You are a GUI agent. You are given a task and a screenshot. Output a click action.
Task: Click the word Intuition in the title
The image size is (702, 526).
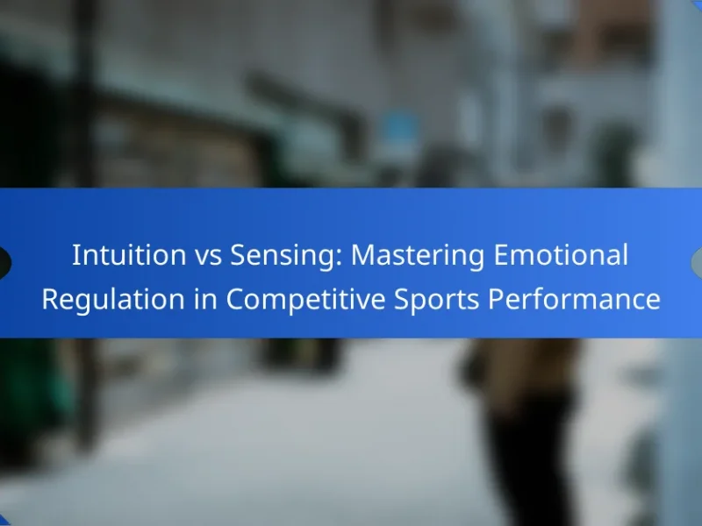(129, 255)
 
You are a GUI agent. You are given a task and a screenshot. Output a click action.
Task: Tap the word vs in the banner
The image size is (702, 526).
(208, 258)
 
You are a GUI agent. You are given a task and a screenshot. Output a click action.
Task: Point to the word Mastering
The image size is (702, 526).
(418, 257)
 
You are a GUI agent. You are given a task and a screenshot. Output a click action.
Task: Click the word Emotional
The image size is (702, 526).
(561, 255)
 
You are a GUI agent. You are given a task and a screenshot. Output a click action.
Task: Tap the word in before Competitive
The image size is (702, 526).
(206, 299)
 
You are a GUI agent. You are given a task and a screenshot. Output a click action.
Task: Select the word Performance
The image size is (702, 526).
(574, 299)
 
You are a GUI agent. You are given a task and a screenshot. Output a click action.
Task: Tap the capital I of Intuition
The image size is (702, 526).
(75, 255)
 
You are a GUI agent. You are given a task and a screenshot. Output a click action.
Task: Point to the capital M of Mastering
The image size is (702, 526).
(362, 255)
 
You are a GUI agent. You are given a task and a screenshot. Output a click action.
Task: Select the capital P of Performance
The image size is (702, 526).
(496, 299)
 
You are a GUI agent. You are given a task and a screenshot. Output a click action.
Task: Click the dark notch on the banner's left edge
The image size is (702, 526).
(4, 262)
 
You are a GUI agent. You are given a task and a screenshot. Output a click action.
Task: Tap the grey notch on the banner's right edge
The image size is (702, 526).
(697, 262)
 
